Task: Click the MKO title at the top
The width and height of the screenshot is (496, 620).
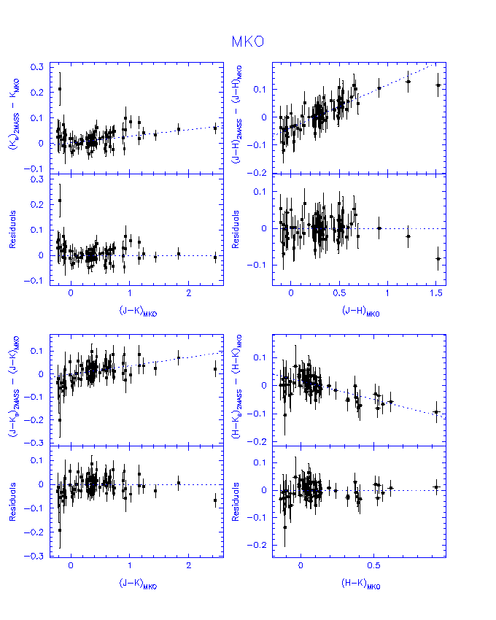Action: pyautogui.click(x=247, y=42)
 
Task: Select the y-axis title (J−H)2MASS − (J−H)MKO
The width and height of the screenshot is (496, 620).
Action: pyautogui.click(x=236, y=117)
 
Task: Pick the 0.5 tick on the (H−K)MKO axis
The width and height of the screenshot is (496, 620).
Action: pyautogui.click(x=373, y=566)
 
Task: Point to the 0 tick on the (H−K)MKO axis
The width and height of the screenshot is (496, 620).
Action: pyautogui.click(x=301, y=566)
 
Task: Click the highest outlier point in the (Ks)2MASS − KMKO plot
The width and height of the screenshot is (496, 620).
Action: pyautogui.click(x=60, y=89)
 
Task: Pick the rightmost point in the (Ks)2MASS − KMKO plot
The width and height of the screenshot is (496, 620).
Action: pyautogui.click(x=215, y=128)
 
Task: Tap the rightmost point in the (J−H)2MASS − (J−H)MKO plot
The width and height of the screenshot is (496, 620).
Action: pyautogui.click(x=438, y=85)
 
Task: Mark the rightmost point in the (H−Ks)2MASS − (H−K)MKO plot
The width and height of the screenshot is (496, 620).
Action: pyautogui.click(x=436, y=411)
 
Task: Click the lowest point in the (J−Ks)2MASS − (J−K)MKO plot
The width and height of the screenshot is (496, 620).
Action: pyautogui.click(x=60, y=419)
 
